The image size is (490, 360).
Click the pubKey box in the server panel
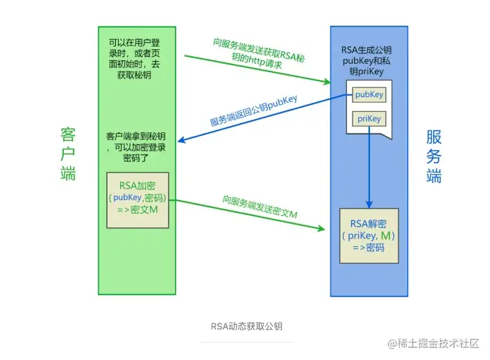367,94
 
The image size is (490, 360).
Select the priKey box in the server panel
368,119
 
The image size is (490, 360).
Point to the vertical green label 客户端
67,154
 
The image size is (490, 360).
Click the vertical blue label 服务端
434,157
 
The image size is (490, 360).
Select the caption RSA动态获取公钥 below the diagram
246,325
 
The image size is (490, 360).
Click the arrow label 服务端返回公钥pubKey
253,111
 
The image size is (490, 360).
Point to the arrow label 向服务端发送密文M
260,207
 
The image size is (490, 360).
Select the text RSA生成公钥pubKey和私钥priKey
369,60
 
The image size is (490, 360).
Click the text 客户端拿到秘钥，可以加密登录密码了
136,146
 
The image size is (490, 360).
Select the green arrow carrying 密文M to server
250,215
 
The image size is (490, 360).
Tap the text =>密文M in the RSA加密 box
137,209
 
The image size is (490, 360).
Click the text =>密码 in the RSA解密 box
369,247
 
